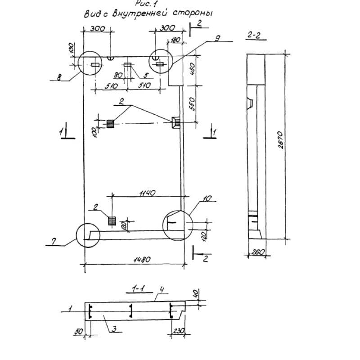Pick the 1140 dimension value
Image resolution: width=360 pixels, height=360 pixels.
point(147,193)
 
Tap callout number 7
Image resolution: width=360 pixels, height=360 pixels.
point(54,242)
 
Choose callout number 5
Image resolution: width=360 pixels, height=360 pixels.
point(146,75)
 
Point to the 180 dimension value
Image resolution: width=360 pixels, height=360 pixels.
point(174,41)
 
